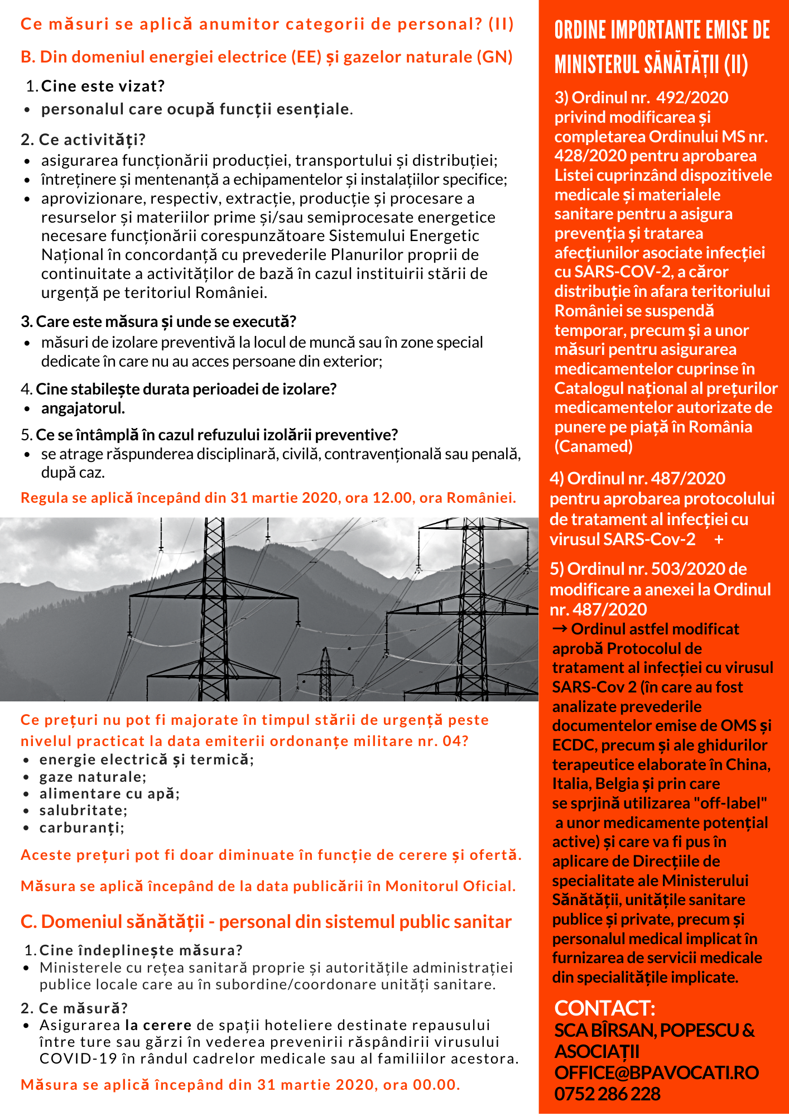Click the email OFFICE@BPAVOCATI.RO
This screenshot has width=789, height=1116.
click(656, 1072)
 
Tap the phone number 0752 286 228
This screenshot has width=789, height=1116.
click(607, 1094)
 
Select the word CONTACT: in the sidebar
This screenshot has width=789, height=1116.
click(604, 1008)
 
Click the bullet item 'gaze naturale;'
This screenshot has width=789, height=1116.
click(93, 777)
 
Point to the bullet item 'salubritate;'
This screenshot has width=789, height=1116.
click(83, 810)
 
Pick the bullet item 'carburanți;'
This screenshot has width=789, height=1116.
click(81, 828)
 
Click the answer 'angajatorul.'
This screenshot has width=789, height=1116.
click(83, 408)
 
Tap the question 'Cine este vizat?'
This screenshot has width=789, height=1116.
click(103, 86)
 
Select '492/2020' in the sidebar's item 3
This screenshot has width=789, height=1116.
click(692, 98)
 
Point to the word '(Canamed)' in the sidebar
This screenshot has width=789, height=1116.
click(593, 446)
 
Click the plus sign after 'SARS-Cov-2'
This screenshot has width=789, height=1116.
click(719, 540)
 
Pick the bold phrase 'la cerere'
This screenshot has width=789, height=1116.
click(158, 1025)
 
